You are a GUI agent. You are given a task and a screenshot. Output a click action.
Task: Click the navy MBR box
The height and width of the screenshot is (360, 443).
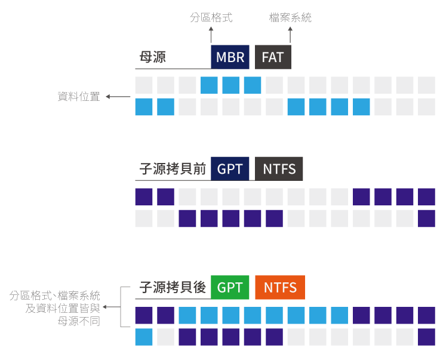tap(230, 57)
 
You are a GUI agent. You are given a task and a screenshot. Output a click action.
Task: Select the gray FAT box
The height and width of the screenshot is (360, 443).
tap(273, 57)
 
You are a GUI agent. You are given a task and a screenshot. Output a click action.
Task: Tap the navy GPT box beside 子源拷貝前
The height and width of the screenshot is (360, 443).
tap(230, 169)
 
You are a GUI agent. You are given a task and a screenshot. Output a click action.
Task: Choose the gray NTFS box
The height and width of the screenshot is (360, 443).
tap(279, 169)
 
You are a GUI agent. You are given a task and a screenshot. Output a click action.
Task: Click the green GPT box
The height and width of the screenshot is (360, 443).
tap(230, 288)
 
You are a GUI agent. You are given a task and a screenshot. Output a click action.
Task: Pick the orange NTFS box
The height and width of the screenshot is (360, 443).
tap(279, 288)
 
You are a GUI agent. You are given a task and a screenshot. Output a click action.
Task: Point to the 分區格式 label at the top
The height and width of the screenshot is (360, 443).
tap(211, 18)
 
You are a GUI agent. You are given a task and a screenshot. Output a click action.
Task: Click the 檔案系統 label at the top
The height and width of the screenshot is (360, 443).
tap(290, 18)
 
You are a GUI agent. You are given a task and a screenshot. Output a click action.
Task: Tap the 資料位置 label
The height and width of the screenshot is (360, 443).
tap(79, 97)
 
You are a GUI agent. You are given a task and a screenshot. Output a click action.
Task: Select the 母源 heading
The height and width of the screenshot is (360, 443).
tap(153, 57)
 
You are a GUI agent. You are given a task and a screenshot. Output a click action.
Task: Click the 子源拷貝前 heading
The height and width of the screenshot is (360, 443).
tap(173, 169)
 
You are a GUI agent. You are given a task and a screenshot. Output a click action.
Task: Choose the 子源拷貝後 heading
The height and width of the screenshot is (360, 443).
tap(173, 288)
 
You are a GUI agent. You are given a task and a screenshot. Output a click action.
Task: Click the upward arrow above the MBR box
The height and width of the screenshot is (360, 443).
tap(211, 33)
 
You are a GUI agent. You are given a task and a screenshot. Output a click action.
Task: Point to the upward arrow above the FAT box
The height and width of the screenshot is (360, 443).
tap(290, 33)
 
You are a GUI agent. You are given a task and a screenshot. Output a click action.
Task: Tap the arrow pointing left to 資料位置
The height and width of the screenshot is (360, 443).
tap(118, 97)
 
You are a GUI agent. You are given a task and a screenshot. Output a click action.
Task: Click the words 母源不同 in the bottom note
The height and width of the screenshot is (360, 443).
tap(79, 321)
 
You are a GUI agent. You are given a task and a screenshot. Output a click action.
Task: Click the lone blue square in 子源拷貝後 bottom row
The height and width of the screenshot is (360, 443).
tap(144, 337)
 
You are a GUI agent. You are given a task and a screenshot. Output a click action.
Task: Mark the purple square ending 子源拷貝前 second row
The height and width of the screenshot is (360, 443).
tap(426, 218)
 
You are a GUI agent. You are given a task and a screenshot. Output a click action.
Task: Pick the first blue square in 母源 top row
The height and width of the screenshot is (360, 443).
tap(209, 85)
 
